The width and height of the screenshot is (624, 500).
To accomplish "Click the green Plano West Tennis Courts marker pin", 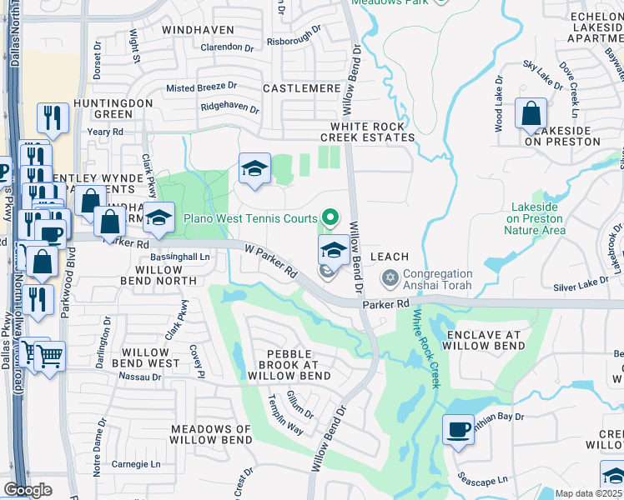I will click(x=330, y=218).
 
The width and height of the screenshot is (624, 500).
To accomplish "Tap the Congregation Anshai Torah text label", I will click(x=438, y=280).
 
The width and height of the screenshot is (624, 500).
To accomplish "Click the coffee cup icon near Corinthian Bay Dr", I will click(x=457, y=429).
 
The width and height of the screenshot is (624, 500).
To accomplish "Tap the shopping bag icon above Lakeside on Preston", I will click(x=531, y=113).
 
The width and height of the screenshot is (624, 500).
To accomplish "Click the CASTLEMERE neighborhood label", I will click(x=301, y=87).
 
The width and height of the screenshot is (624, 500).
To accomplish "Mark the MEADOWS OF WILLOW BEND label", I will click(x=211, y=434).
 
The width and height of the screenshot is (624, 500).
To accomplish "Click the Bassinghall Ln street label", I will click(x=179, y=258).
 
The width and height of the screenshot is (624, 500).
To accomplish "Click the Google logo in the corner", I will click(x=28, y=490).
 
